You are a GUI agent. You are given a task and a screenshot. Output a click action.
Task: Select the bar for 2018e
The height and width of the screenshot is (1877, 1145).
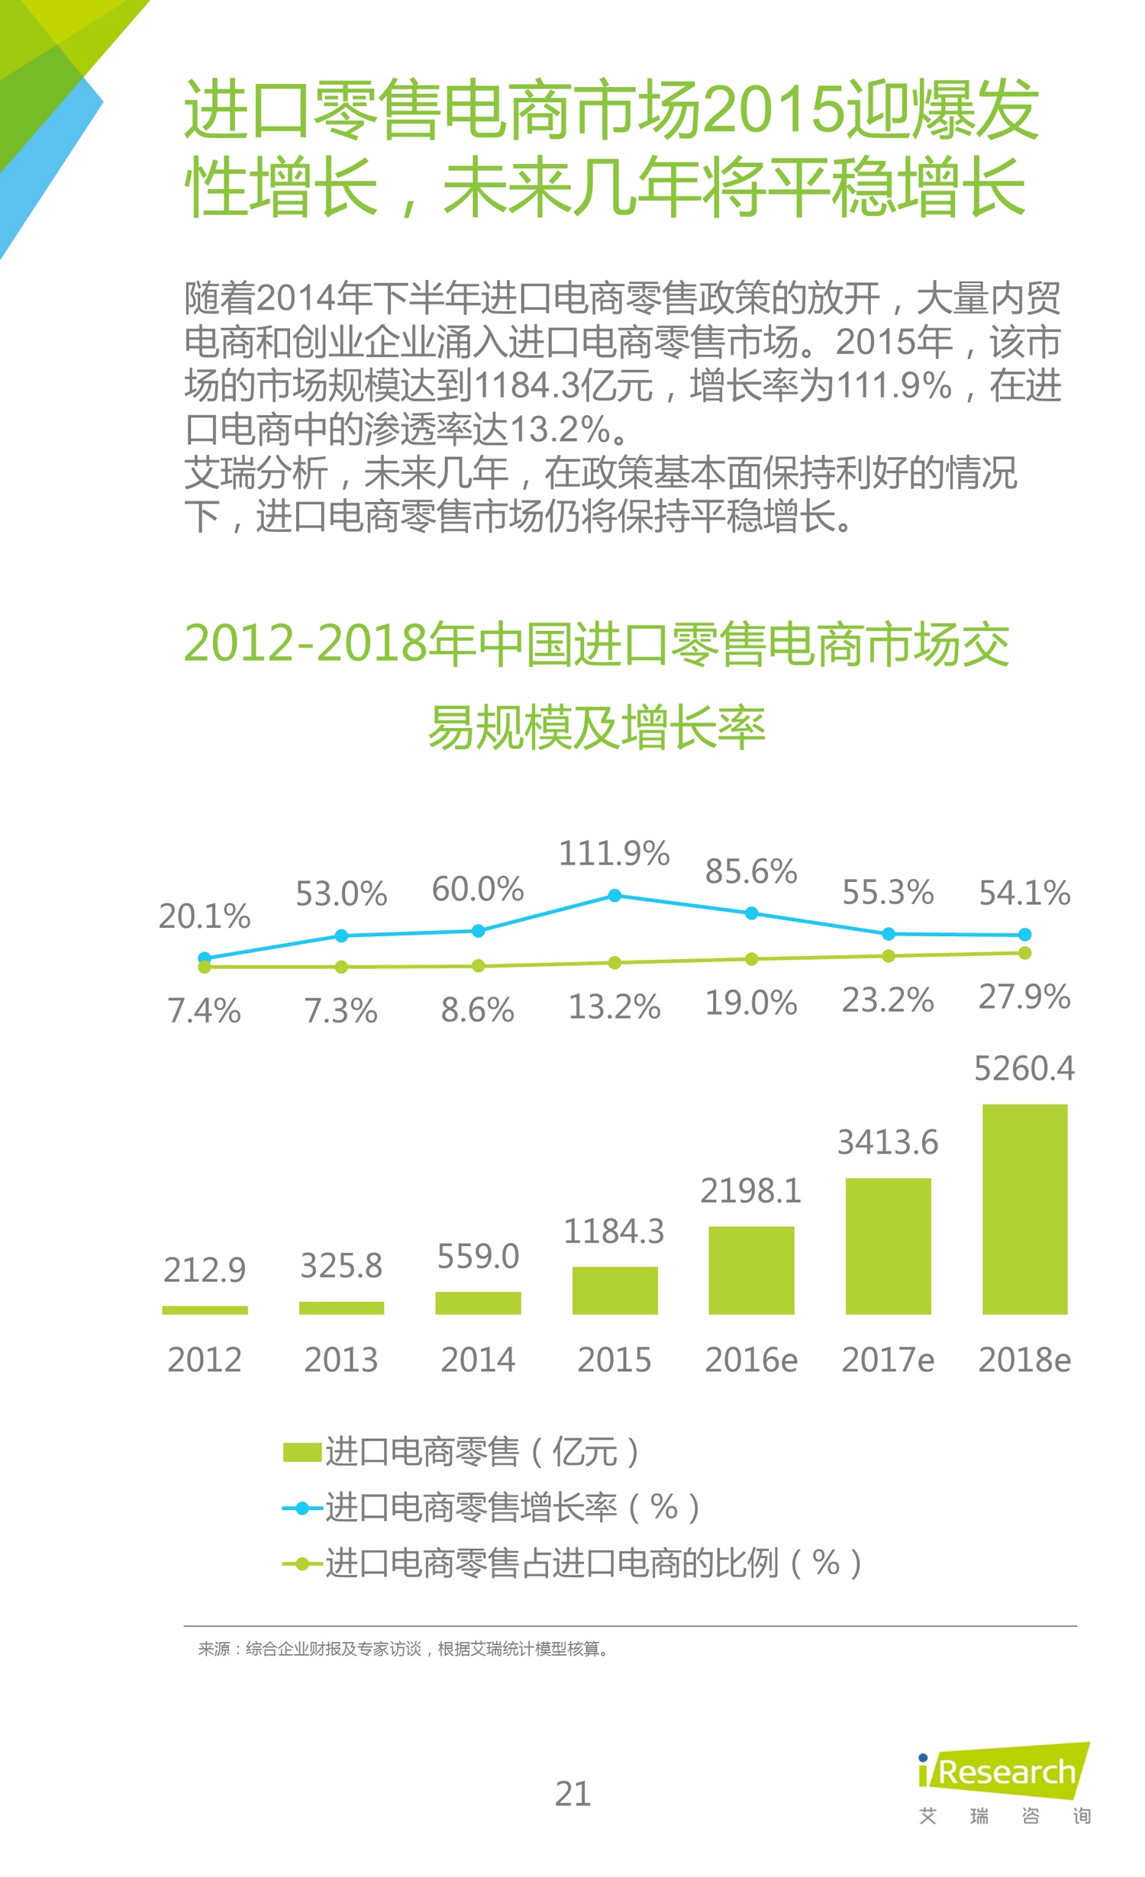pyautogui.click(x=1024, y=1209)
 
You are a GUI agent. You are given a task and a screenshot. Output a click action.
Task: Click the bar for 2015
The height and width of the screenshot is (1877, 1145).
pyautogui.click(x=614, y=1290)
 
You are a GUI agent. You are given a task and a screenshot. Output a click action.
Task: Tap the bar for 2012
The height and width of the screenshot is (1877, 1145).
pyautogui.click(x=205, y=1310)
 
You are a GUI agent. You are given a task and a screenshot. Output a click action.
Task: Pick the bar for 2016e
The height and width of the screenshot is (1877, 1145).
pyautogui.click(x=751, y=1270)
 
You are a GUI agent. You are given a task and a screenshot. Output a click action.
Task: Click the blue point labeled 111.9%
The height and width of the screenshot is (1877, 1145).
pyautogui.click(x=614, y=895)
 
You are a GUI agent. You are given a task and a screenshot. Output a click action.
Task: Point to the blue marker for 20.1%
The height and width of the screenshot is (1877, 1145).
pyautogui.click(x=205, y=958)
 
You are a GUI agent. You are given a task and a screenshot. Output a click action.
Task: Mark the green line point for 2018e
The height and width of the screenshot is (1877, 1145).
pyautogui.click(x=1024, y=953)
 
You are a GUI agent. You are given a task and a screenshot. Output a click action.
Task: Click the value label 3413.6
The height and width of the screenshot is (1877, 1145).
pyautogui.click(x=888, y=1142)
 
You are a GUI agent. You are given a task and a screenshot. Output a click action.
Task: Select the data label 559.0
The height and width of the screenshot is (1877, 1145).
pyautogui.click(x=478, y=1257)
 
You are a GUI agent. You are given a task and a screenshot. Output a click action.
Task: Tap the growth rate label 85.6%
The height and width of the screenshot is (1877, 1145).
pyautogui.click(x=751, y=871)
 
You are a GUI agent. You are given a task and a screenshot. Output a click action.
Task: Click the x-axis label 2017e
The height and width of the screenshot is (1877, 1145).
pyautogui.click(x=888, y=1360)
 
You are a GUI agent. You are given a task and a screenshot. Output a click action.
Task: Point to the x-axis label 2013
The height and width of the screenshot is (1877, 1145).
pyautogui.click(x=341, y=1360)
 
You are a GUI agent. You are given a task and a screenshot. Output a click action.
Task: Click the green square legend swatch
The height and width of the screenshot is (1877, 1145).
pyautogui.click(x=302, y=1452)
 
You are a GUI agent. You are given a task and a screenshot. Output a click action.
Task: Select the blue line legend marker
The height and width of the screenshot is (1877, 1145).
pyautogui.click(x=302, y=1508)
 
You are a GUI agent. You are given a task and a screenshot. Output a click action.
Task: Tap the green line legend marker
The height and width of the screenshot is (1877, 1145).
pyautogui.click(x=302, y=1564)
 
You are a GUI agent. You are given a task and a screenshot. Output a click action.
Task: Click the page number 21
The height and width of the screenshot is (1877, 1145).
pyautogui.click(x=572, y=1794)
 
